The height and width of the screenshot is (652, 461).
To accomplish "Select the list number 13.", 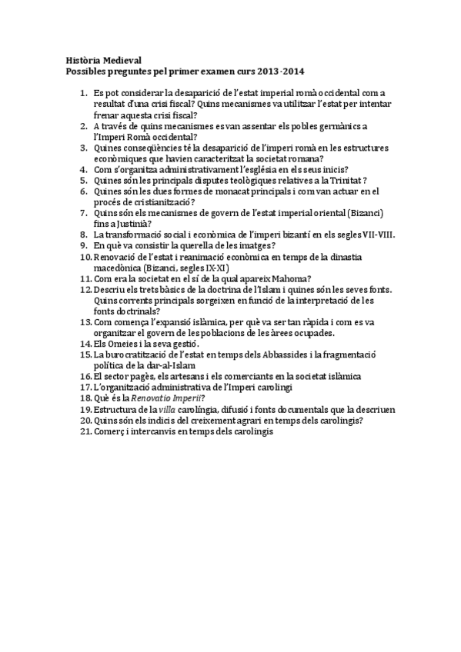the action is (85, 322).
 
